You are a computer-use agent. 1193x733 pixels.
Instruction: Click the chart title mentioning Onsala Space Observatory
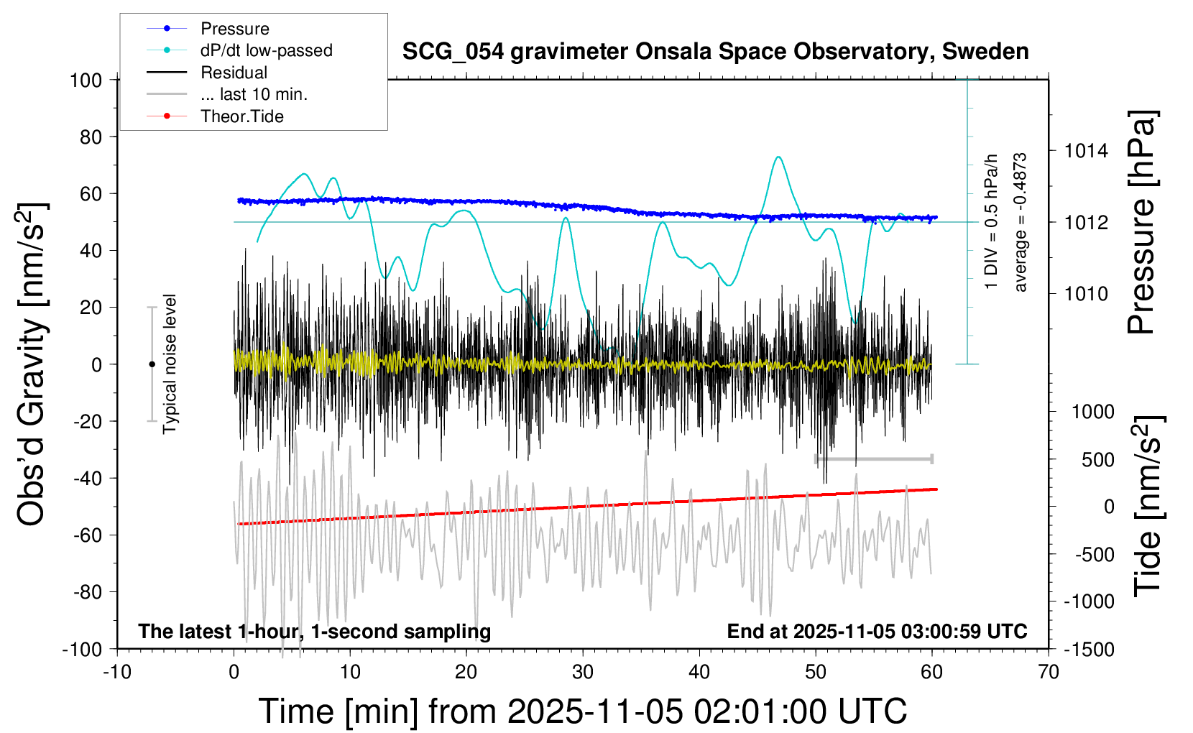pyautogui.click(x=715, y=52)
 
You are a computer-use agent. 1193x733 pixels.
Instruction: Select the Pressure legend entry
pyautogui.click(x=234, y=29)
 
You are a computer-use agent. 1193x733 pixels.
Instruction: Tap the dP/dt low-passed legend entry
pyautogui.click(x=266, y=50)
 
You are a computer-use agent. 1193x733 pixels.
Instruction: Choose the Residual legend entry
pyautogui.click(x=234, y=73)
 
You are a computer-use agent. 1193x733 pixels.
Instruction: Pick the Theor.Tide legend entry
pyautogui.click(x=241, y=116)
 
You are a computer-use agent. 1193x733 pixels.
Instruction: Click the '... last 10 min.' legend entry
pyautogui.click(x=254, y=94)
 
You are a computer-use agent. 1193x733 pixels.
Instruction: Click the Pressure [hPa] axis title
pyautogui.click(x=1141, y=222)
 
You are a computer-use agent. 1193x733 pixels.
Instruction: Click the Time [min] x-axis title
pyautogui.click(x=582, y=711)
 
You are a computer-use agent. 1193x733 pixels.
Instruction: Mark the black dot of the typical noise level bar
pyautogui.click(x=152, y=364)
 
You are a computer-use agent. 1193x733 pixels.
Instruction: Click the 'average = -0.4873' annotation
pyautogui.click(x=1020, y=222)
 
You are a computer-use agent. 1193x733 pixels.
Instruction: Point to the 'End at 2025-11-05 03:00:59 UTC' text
pyautogui.click(x=877, y=632)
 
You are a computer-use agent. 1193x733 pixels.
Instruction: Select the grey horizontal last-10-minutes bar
pyautogui.click(x=873, y=458)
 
